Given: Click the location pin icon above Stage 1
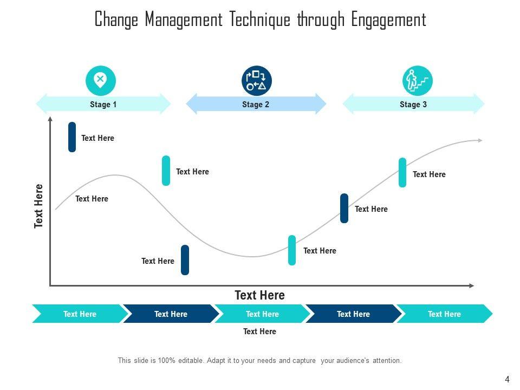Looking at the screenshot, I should coord(101,81).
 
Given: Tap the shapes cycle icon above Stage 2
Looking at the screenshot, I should coord(256,81).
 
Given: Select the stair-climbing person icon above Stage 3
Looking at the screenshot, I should coord(417,81).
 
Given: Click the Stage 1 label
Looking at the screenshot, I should coord(103,105).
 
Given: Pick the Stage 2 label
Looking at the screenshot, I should coord(256,105).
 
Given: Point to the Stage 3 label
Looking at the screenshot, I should coord(413,105).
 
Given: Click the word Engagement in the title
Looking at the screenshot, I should coord(388,20).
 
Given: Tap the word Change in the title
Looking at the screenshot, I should coord(117,20).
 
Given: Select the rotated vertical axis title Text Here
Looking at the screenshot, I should coord(39,206).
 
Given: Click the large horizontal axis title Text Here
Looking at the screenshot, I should coord(259,295).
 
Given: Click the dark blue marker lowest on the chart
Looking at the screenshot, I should coord(185,260).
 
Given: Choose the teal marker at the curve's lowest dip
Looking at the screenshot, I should coord(292,250).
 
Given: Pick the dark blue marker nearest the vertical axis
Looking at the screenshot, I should coord(72,137).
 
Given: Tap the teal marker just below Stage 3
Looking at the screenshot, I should coord(402,172).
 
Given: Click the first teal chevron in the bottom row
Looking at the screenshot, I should coord(79,314).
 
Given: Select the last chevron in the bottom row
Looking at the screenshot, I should coord(444,314).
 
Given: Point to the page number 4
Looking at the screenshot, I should coord(507,380).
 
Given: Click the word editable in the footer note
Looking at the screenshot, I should coord(186,360).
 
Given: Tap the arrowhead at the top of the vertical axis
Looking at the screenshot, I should coord(50,119).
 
